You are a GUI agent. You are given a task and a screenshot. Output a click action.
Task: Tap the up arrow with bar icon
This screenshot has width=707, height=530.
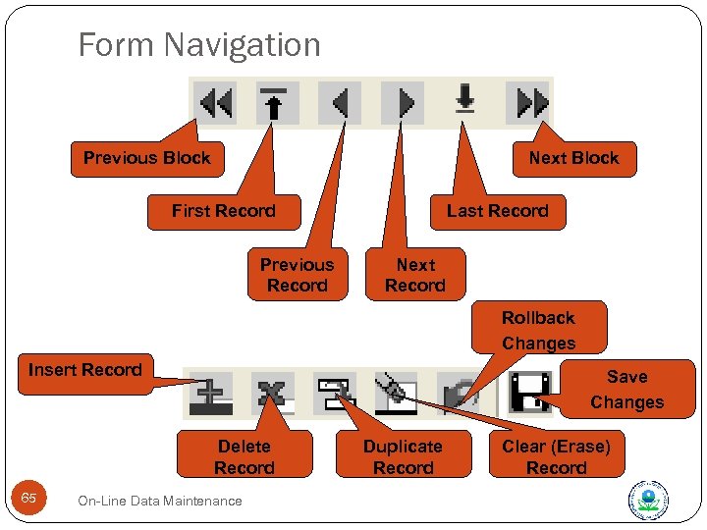point(276,102)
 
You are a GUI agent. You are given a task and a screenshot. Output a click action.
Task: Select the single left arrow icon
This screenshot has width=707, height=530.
point(340,102)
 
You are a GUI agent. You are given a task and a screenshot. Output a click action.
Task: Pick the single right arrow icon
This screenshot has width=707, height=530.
point(403,102)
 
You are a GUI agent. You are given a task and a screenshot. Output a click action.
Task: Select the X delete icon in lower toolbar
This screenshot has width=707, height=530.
point(272,393)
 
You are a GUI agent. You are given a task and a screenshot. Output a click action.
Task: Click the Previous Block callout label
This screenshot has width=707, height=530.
point(147,158)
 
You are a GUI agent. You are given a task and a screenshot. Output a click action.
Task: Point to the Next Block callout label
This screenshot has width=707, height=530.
point(573,158)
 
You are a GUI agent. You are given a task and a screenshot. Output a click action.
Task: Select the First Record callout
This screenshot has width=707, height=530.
point(224,211)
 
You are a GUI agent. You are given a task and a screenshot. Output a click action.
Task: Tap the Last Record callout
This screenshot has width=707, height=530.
point(497,211)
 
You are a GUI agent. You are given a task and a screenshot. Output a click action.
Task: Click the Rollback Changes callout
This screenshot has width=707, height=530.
point(538,331)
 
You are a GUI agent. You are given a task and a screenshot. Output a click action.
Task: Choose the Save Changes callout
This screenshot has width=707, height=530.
point(626,390)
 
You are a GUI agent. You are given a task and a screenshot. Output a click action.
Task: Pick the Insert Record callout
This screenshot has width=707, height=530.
point(85,370)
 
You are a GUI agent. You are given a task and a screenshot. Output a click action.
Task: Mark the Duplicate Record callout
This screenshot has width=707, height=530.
point(403,456)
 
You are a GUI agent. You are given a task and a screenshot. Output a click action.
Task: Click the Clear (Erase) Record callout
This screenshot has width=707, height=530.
point(556,456)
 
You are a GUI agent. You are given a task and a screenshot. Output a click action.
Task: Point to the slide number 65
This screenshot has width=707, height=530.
point(28,499)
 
